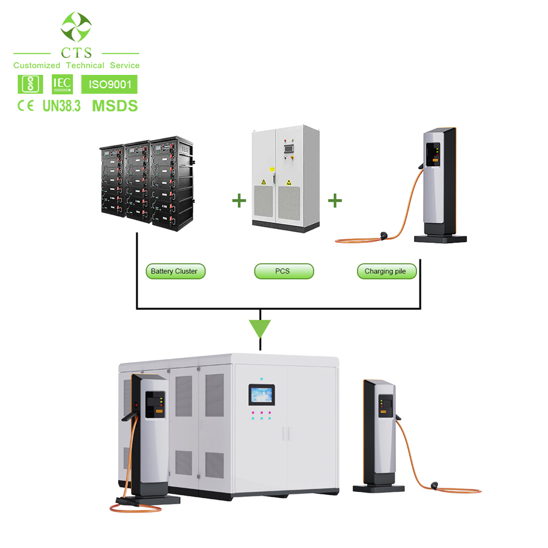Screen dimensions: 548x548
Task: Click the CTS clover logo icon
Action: [x=76, y=26]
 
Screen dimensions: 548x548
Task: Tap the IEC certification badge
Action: [x=63, y=83]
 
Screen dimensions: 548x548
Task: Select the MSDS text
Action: [x=114, y=105]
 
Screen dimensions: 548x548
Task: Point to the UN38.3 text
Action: [x=61, y=106]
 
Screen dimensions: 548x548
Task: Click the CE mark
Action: [x=25, y=106]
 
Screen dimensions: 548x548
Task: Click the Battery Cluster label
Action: [x=175, y=271]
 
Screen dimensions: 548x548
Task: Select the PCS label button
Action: [x=283, y=271]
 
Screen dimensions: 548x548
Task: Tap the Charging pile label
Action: [x=386, y=271]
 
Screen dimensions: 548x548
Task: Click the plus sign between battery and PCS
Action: [x=238, y=200]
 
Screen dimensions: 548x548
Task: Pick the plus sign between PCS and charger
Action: [x=335, y=200]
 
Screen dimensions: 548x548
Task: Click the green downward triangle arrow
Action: [x=260, y=329]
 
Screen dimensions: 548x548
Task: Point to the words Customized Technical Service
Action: [x=76, y=65]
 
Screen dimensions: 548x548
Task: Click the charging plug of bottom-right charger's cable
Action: [x=435, y=485]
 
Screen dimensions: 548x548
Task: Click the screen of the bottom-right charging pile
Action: [x=384, y=402]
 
